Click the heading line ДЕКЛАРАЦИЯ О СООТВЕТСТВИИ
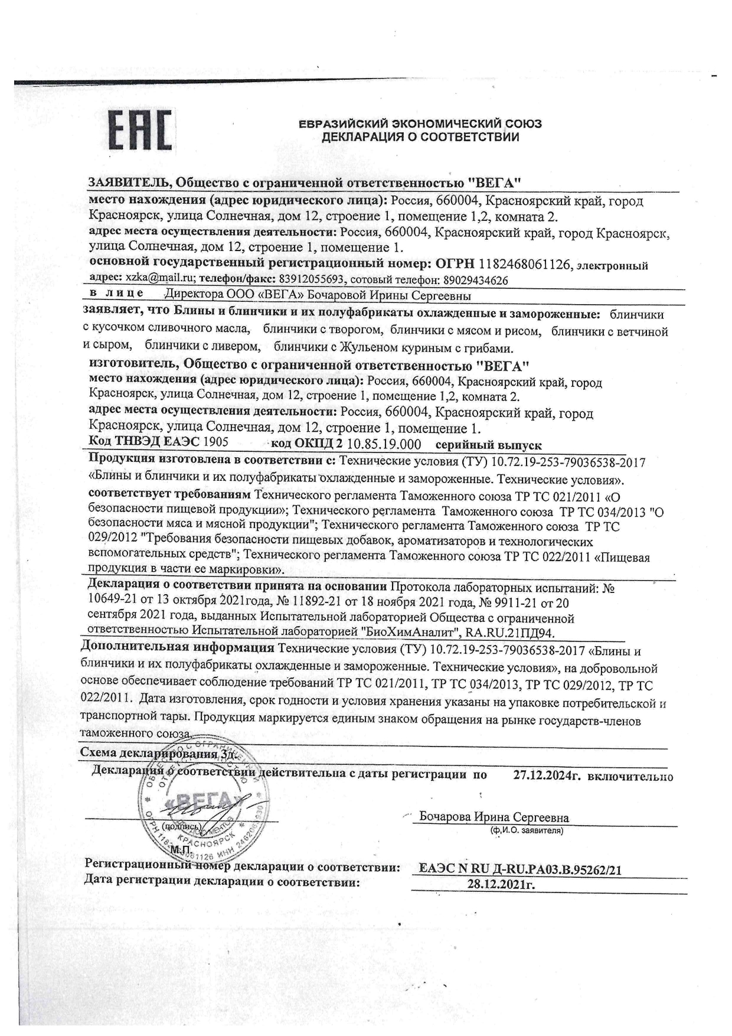click(x=420, y=138)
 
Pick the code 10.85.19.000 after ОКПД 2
click(x=384, y=445)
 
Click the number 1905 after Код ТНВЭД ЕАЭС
click(x=216, y=442)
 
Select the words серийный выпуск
click(x=488, y=445)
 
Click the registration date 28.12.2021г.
click(x=501, y=884)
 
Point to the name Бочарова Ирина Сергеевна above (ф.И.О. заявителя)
click(x=494, y=817)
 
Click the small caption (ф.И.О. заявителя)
click(x=526, y=830)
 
